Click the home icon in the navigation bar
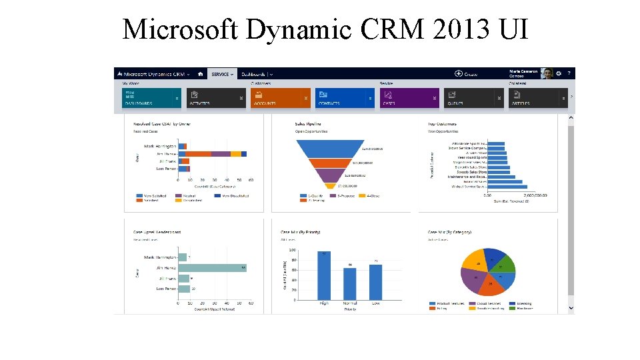coord(200,74)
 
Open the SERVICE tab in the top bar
coord(222,74)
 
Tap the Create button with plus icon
coord(466,74)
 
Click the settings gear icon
coord(559,74)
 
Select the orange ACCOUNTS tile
coord(281,98)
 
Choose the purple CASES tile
coord(409,98)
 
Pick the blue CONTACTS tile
coord(345,98)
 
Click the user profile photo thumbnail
coord(547,74)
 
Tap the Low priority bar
coord(375,283)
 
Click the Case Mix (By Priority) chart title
coord(301,232)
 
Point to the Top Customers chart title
coord(441,123)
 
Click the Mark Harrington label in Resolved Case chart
coord(160,146)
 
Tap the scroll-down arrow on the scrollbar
coord(571,308)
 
